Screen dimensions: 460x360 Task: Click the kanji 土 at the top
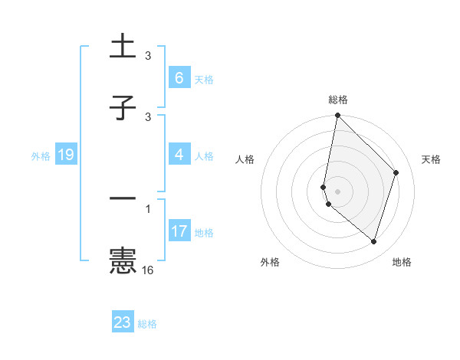(x=123, y=47)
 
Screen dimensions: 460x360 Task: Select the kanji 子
(x=123, y=108)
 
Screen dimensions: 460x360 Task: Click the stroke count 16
(x=148, y=270)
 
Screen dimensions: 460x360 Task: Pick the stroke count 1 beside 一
(x=148, y=208)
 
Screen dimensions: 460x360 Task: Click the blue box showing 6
(x=179, y=78)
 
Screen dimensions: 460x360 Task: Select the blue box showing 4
(x=179, y=155)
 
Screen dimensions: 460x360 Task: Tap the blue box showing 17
(x=179, y=231)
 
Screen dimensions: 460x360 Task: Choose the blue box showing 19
(x=65, y=155)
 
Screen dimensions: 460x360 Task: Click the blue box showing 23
(x=123, y=322)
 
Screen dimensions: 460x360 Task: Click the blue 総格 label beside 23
(x=147, y=324)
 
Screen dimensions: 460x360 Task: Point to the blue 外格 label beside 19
(x=41, y=155)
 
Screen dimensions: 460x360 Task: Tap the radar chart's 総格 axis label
(x=338, y=100)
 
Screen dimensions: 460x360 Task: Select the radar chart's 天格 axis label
(x=431, y=159)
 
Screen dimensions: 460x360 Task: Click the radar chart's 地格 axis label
(x=402, y=262)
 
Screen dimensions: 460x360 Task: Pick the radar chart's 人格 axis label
(x=245, y=159)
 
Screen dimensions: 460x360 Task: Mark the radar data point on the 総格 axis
(x=337, y=116)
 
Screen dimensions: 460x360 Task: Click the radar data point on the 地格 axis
(x=374, y=241)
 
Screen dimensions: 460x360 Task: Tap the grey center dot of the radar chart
(x=337, y=190)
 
